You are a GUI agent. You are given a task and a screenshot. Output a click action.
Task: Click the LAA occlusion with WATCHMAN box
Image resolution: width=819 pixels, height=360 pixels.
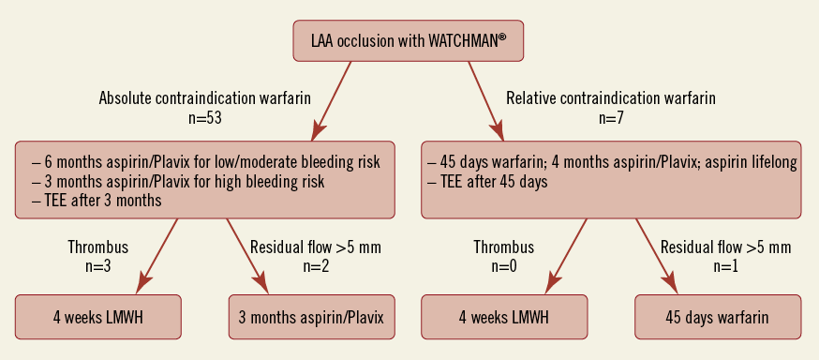(x=408, y=40)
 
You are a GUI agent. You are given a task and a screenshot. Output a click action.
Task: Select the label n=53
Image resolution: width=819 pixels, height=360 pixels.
(x=204, y=118)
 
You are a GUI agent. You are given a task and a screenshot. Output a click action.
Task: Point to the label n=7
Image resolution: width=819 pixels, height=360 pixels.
(x=611, y=118)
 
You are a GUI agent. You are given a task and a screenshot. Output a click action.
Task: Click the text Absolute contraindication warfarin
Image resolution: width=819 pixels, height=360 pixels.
(x=204, y=98)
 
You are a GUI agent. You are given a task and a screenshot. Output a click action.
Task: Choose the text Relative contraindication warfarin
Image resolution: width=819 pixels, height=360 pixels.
(x=611, y=98)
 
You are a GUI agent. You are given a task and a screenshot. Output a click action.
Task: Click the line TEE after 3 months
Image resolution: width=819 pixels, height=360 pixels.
(x=97, y=201)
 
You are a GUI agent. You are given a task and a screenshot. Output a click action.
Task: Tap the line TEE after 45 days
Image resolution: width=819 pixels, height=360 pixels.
(x=487, y=182)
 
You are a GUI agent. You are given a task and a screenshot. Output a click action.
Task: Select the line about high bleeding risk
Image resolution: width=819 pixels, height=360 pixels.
(x=178, y=181)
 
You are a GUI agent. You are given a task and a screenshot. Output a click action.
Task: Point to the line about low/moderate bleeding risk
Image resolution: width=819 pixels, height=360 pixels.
(x=206, y=162)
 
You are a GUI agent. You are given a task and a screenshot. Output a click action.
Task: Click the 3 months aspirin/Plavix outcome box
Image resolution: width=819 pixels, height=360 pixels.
(x=311, y=317)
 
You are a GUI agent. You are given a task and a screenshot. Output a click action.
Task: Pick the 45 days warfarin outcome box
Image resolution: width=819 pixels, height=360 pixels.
(x=718, y=317)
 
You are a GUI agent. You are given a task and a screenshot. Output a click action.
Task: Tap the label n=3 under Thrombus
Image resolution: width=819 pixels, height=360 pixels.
(x=97, y=266)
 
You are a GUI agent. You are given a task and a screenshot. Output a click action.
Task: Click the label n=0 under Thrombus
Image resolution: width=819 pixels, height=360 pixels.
(x=503, y=266)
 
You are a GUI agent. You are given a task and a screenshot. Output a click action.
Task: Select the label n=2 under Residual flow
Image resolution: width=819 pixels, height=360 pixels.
(x=316, y=266)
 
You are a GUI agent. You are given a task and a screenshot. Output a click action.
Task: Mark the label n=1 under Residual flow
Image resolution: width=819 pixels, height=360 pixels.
(x=725, y=266)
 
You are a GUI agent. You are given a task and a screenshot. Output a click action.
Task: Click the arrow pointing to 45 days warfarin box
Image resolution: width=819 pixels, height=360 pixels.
(x=656, y=257)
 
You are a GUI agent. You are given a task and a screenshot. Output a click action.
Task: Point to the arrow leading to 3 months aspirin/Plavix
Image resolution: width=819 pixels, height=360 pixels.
(x=247, y=257)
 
